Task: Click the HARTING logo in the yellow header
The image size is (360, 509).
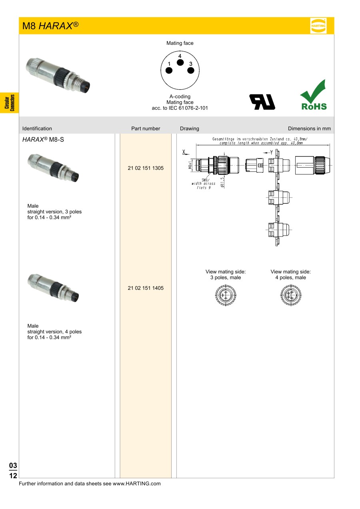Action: [318, 26]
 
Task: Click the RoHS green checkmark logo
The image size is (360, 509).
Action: [314, 95]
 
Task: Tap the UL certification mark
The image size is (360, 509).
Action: [262, 102]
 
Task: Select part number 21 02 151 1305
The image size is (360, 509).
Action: [146, 168]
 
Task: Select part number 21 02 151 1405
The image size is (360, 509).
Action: [146, 288]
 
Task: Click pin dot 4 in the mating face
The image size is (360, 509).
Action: [180, 62]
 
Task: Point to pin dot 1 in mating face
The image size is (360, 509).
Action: [169, 70]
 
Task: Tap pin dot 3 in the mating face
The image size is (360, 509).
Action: [191, 70]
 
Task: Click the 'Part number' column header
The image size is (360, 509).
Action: [146, 128]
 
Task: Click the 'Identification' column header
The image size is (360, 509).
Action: [37, 128]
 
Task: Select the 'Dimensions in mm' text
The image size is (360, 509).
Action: [309, 128]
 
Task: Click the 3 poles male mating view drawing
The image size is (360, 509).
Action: [226, 296]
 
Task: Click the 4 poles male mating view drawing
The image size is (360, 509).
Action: [290, 296]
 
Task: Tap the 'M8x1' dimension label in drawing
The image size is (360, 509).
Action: [190, 165]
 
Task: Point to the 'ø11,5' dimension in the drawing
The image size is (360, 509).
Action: [222, 182]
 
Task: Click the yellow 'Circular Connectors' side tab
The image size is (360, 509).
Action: [9, 102]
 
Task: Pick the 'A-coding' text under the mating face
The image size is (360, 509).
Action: [180, 96]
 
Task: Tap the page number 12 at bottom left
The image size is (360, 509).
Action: [13, 476]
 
